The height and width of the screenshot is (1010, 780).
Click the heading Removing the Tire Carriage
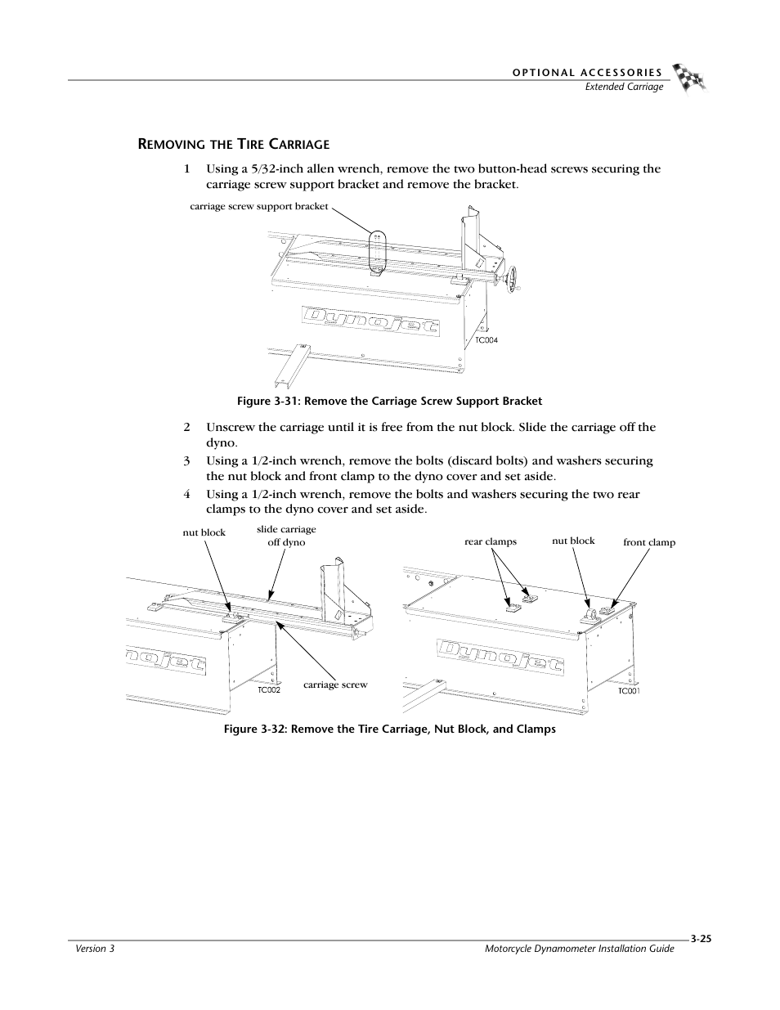(233, 145)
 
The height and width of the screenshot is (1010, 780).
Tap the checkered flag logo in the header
(689, 78)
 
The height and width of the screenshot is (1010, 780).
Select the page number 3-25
(701, 940)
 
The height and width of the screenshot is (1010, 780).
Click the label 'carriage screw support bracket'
(258, 207)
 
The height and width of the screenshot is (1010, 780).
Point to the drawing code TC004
(486, 340)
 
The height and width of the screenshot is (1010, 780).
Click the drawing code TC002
(269, 690)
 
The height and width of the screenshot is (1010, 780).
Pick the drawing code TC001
(628, 691)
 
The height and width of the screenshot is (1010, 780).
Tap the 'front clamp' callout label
(649, 542)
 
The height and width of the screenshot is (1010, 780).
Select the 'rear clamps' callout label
(491, 541)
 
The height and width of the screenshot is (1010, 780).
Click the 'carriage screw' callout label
(335, 685)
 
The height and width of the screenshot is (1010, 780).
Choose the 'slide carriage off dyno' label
(286, 536)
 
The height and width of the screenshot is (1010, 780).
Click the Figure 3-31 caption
(389, 401)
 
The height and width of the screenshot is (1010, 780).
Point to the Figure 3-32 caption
(397, 729)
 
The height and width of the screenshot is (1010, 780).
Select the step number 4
(186, 494)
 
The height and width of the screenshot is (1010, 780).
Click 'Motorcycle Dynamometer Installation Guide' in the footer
(579, 949)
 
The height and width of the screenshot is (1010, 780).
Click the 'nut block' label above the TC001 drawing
(573, 541)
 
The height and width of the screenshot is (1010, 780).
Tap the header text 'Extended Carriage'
(623, 87)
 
